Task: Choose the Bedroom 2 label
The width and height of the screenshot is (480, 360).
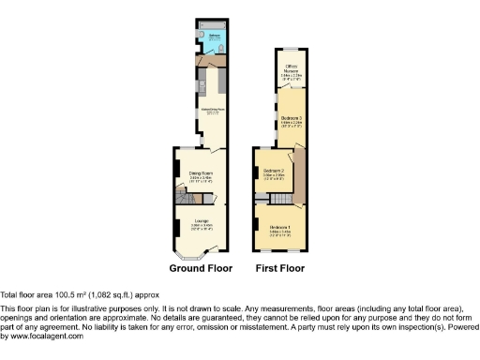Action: pyautogui.click(x=273, y=170)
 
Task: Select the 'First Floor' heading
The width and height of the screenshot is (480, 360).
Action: pyautogui.click(x=281, y=269)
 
